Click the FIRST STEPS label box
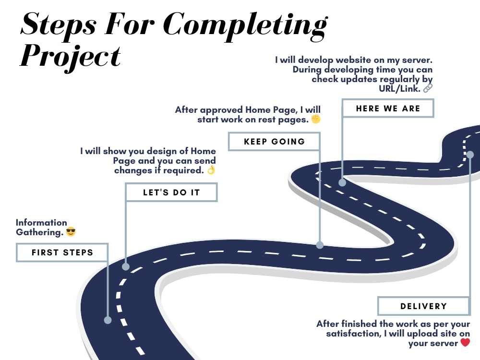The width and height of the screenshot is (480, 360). click(62, 252)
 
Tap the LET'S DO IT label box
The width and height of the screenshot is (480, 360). click(171, 192)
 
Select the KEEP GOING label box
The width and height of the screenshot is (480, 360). click(274, 142)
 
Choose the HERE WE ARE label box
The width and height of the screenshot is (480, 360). click(388, 108)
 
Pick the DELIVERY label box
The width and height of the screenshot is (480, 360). click(424, 306)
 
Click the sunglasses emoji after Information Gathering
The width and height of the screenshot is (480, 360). click(71, 232)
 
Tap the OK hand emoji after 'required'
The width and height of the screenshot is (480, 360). click(211, 170)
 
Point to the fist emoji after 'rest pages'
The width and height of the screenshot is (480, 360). click(316, 119)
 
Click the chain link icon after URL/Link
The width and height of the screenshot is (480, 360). click(428, 88)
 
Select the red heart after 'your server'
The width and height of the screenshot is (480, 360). click(465, 342)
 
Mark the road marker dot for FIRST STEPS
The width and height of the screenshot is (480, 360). click(108, 320)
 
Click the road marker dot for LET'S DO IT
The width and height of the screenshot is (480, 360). click(126, 266)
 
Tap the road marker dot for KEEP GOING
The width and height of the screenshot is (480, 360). click(320, 245)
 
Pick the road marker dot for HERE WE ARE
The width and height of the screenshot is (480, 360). click(342, 183)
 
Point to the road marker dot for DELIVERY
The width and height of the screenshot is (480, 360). click(470, 155)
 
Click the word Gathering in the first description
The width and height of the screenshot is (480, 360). click(39, 232)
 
